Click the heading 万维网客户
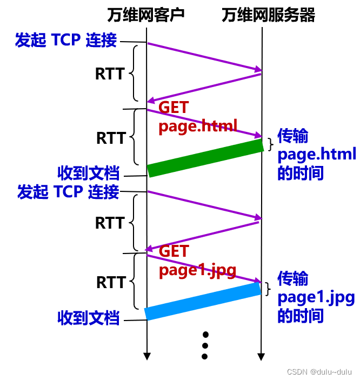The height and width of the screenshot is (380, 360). pos(146,15)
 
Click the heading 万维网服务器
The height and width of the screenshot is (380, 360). pos(268,15)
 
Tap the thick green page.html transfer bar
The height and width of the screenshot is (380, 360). pos(205,157)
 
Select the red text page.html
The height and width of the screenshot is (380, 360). pos(198,126)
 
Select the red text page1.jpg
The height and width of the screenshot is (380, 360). pos(197,270)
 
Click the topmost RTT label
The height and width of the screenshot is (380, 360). pos(110,74)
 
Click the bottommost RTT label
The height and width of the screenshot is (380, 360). pos(111,282)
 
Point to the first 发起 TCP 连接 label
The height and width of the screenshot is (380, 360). pos(66,41)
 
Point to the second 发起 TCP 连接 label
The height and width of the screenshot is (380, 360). pos(68,192)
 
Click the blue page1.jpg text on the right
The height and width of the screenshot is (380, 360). pos(316,298)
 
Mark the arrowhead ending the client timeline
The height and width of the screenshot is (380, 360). pos(146,356)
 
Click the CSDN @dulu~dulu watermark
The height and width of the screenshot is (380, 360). pos(319,372)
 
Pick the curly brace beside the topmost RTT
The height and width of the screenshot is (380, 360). pos(135,73)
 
